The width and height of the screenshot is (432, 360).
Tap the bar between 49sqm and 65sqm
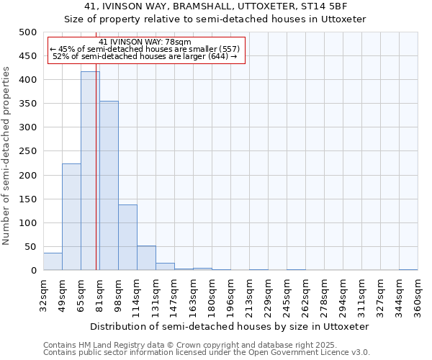point(71,217)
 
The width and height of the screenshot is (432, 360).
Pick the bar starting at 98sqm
point(127,238)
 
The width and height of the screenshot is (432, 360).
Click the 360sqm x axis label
point(418,295)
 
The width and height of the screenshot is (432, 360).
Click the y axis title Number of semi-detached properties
point(8,156)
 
